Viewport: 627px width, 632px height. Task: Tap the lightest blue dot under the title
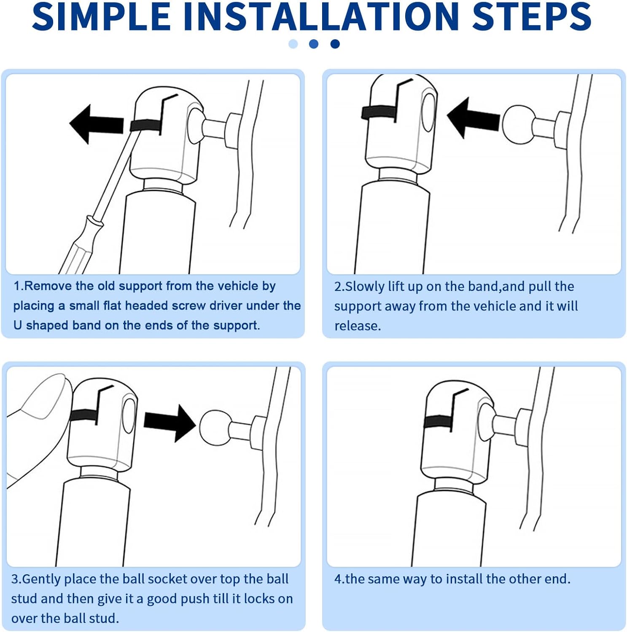[x=293, y=44]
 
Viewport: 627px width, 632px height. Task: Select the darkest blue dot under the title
[x=335, y=44]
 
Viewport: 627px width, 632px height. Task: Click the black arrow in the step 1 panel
[x=96, y=124]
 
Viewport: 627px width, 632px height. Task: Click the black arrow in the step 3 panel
[x=170, y=423]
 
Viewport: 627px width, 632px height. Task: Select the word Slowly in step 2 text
[x=365, y=287]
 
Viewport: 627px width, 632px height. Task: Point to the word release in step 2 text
[x=357, y=326]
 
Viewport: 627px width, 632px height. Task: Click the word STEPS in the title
[x=532, y=16]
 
